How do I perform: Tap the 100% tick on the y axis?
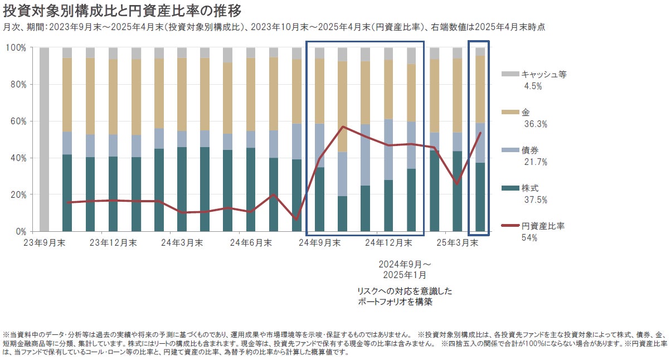16,48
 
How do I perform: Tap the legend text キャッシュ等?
544,74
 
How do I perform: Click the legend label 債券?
530,150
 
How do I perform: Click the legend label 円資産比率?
544,226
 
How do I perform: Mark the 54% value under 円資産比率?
529,239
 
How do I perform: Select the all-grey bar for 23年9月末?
44,139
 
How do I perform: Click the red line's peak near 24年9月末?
343,127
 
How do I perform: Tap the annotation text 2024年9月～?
405,264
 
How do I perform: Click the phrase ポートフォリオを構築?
395,302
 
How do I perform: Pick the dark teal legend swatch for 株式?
510,189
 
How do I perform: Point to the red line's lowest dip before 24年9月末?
296,220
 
